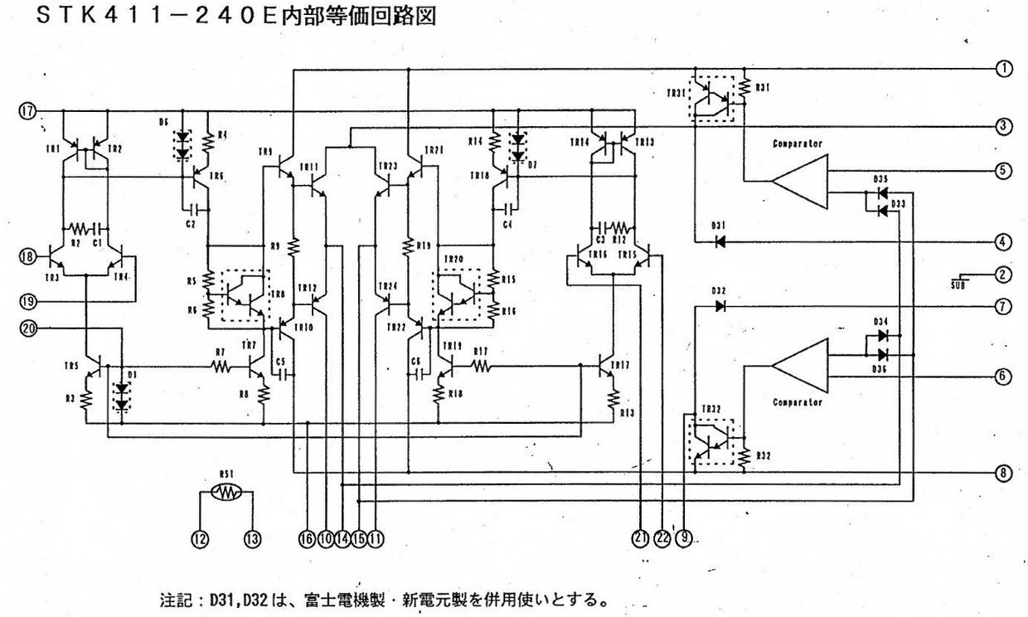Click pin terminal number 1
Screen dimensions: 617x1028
[1004, 68]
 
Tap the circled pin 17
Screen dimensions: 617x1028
[27, 110]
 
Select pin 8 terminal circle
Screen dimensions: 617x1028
[1004, 473]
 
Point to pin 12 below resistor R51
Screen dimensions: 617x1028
[200, 539]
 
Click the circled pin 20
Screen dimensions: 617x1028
[27, 328]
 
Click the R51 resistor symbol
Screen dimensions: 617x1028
[226, 493]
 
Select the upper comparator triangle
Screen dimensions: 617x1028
[800, 182]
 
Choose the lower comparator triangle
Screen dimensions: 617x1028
[800, 366]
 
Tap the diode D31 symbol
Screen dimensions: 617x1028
[720, 241]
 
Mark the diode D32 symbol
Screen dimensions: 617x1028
[720, 305]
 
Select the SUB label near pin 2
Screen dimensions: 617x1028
[958, 284]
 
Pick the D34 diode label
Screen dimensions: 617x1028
[880, 322]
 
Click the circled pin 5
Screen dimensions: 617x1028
[1004, 171]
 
